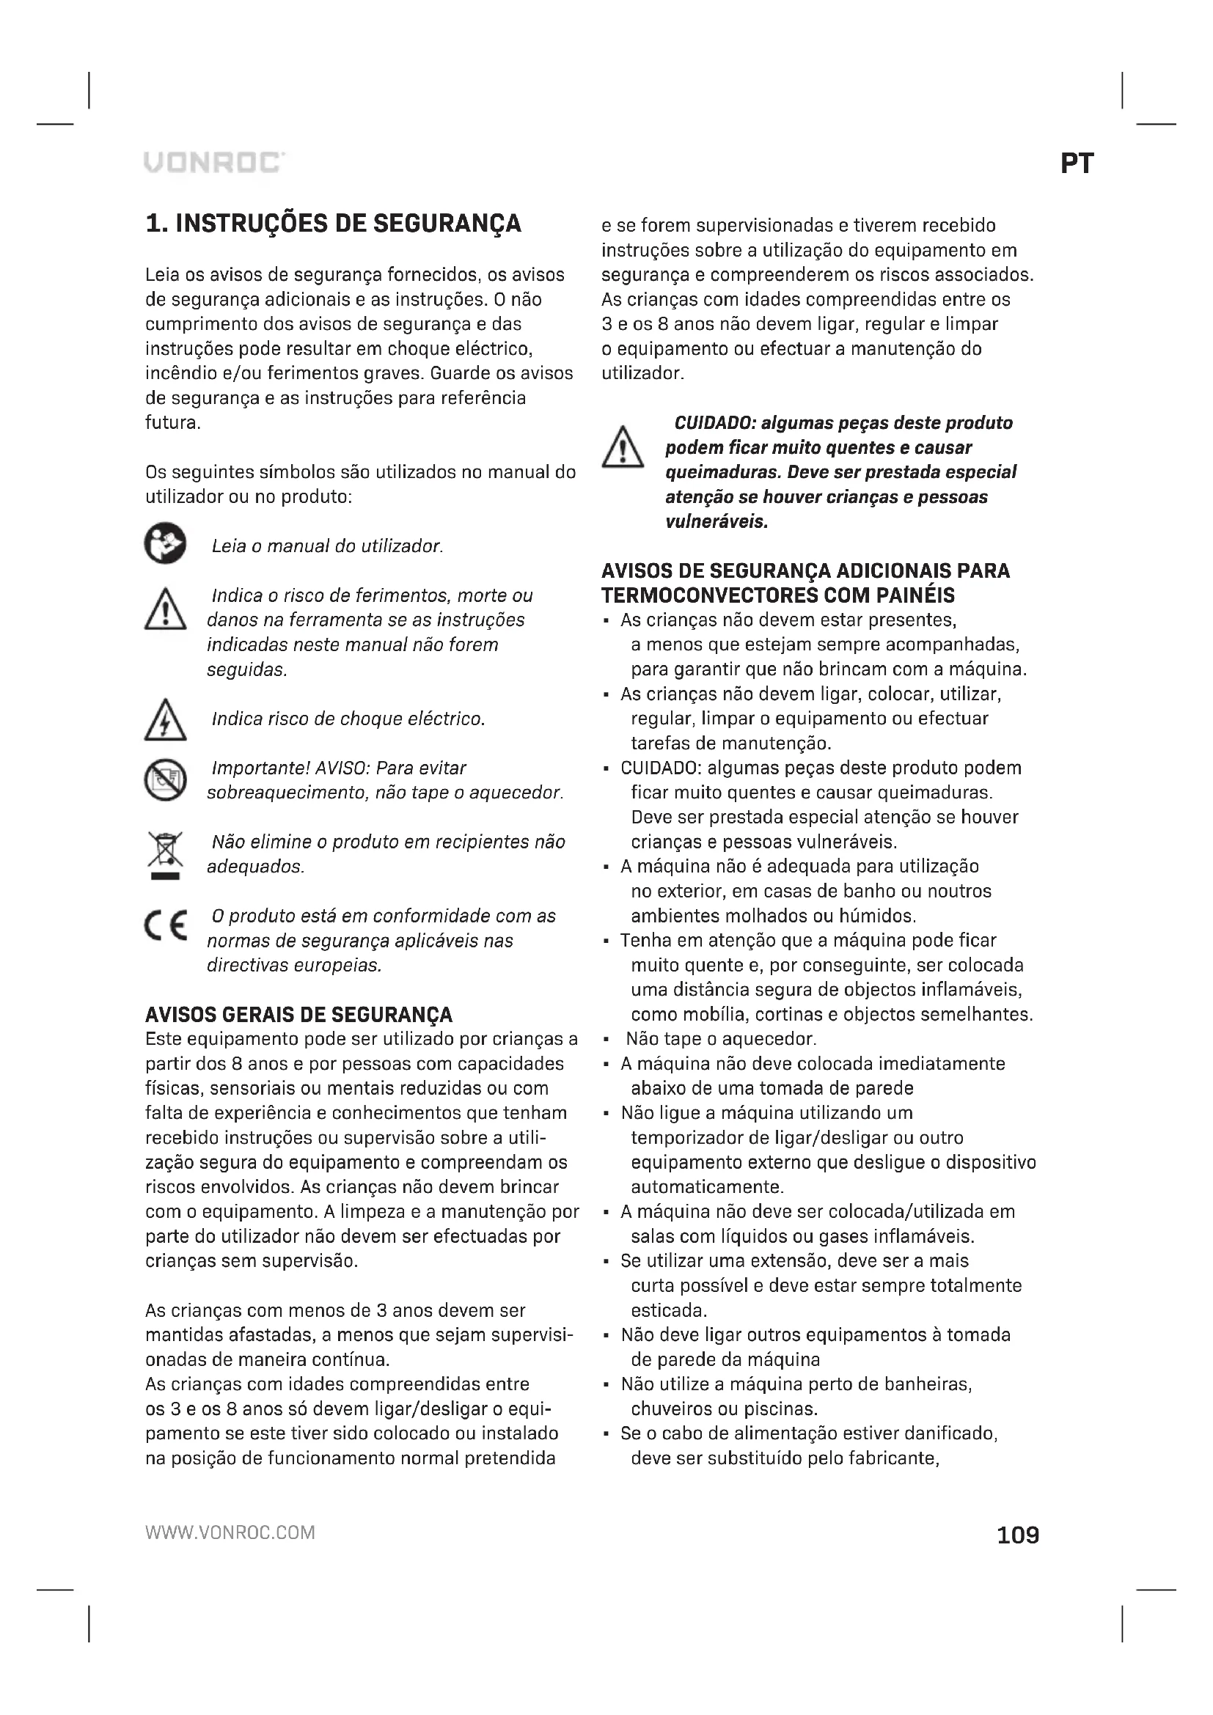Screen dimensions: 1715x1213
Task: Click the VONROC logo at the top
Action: (213, 162)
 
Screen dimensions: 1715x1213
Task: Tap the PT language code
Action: (1077, 164)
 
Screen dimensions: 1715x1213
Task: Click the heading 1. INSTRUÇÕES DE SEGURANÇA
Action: (333, 224)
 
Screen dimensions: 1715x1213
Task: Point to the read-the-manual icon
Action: (165, 543)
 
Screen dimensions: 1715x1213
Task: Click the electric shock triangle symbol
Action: (165, 720)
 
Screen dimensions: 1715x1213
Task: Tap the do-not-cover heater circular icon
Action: (165, 780)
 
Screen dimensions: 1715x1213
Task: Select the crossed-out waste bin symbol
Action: (165, 854)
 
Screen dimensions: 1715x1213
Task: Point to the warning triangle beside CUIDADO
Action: (622, 447)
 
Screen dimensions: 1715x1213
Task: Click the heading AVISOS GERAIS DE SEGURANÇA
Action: (298, 1014)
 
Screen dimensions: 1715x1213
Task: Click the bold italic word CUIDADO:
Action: (716, 424)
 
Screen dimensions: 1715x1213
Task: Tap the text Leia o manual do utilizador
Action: (327, 546)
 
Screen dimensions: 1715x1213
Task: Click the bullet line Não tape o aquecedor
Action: (721, 1039)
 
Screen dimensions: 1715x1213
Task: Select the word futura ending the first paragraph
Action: (172, 423)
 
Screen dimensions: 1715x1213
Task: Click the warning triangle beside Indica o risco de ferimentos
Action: (165, 609)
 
